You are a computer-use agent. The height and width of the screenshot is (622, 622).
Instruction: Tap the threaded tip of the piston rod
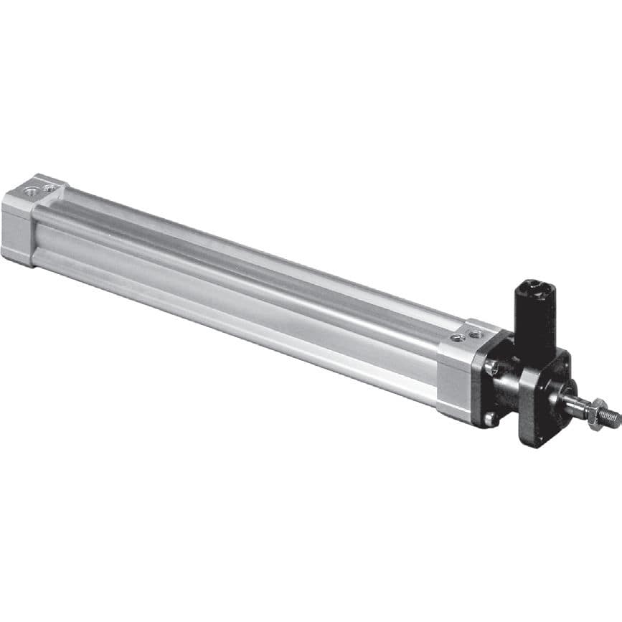coord(611,417)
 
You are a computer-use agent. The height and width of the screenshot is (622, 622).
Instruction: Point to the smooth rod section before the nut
coord(576,407)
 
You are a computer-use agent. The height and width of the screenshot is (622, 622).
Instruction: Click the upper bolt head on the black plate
coord(492,367)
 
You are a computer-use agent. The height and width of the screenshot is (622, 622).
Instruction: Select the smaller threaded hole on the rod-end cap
coord(457,337)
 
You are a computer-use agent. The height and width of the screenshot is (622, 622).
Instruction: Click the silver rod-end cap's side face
coord(453,380)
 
